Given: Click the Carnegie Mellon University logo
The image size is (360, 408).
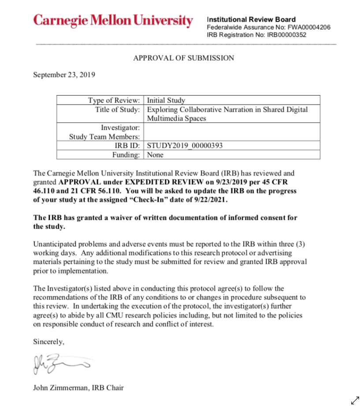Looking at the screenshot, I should click(x=113, y=21).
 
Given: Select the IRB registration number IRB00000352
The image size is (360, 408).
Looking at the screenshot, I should click(x=286, y=35).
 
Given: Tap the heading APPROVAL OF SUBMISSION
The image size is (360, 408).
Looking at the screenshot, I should click(x=183, y=58).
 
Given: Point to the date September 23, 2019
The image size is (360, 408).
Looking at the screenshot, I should click(x=64, y=75).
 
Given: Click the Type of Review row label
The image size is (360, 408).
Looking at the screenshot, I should click(x=114, y=100).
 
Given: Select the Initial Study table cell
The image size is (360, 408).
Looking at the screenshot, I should click(x=166, y=100).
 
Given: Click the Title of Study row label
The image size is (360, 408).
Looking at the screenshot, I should click(x=118, y=109).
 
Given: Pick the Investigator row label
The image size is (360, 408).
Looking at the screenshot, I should click(x=120, y=128).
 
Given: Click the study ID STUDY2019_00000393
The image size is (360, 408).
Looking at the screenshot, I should click(x=185, y=146).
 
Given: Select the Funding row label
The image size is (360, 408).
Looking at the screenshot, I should click(x=126, y=154).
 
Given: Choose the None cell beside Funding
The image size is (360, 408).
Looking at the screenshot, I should click(x=155, y=154).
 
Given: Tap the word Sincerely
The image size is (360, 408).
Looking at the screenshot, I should click(x=49, y=341).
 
